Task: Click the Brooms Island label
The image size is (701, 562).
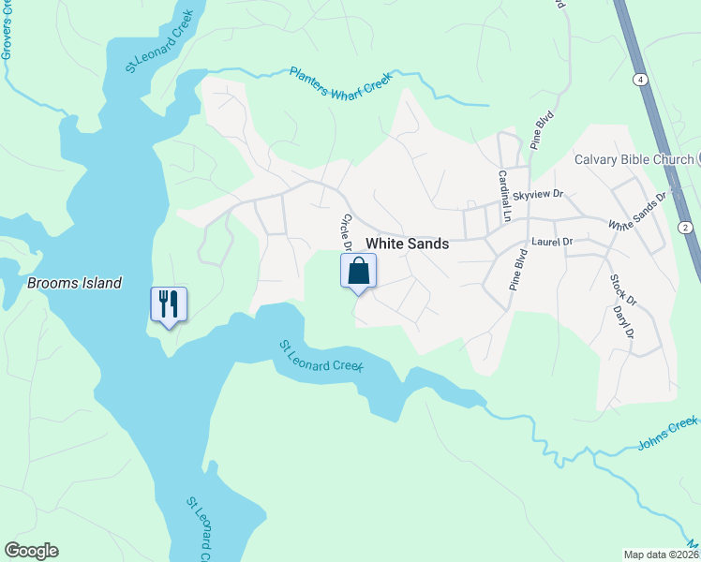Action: [x=75, y=283]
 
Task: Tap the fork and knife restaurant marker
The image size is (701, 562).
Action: [x=169, y=304]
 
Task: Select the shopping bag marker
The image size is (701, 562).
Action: [x=358, y=273]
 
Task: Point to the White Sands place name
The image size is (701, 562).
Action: [x=407, y=244]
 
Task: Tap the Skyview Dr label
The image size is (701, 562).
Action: [x=538, y=195]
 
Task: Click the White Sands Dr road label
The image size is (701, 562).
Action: [x=641, y=212]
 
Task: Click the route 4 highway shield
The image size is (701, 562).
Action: [x=639, y=81]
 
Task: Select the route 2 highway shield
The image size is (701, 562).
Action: [x=685, y=228]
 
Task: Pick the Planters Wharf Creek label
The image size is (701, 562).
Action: [x=339, y=84]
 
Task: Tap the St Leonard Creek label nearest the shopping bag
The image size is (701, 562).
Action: [x=321, y=356]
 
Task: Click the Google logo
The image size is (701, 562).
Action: [x=31, y=551]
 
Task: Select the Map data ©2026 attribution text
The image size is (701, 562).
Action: [x=662, y=555]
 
